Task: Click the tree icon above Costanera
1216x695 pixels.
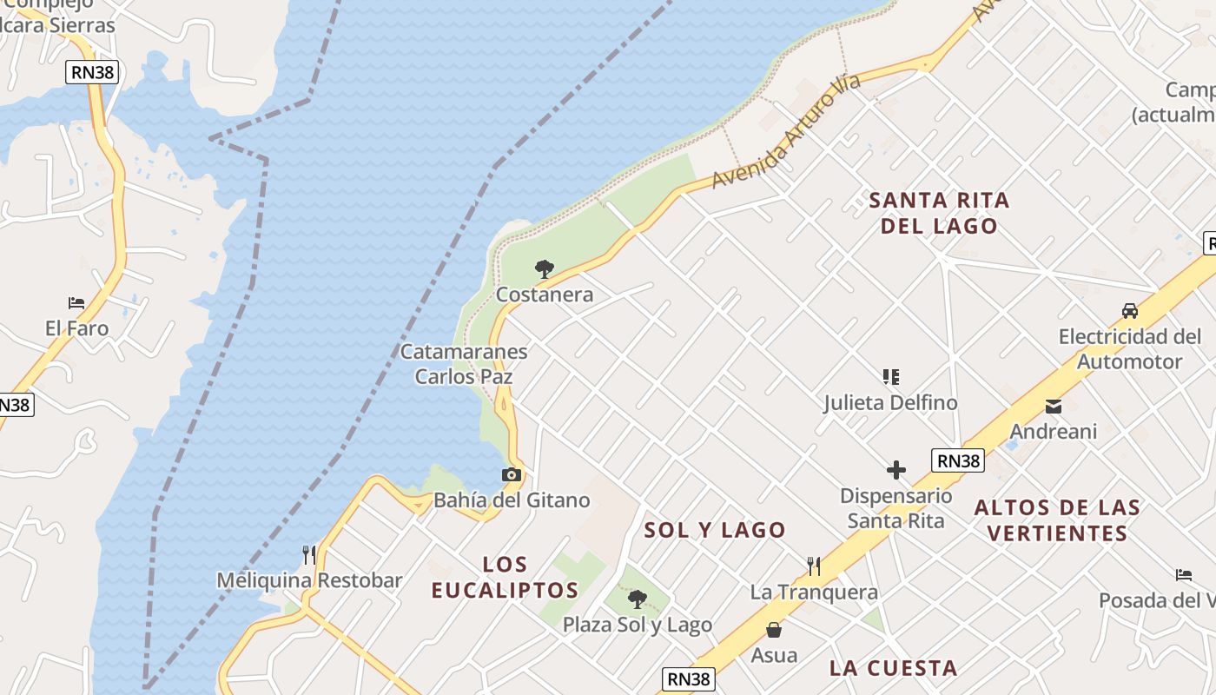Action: click(x=545, y=268)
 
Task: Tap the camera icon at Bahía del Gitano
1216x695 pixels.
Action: click(x=512, y=474)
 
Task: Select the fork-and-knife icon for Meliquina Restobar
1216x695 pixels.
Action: click(x=308, y=554)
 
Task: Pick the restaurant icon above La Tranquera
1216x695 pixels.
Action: click(x=814, y=566)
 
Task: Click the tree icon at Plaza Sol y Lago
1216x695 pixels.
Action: click(x=638, y=599)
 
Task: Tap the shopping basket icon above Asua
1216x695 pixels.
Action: click(x=774, y=629)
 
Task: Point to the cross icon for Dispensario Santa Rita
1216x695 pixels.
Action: click(x=896, y=470)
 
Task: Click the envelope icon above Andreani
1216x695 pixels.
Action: click(x=1054, y=406)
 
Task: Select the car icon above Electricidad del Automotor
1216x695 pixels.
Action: click(x=1130, y=310)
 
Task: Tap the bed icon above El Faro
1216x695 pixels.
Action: click(x=76, y=302)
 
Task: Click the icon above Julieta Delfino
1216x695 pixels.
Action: click(x=890, y=377)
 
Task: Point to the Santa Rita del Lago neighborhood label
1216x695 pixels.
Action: click(x=939, y=213)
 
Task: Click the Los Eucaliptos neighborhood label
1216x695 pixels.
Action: click(x=505, y=578)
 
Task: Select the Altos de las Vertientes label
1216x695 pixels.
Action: click(x=1057, y=520)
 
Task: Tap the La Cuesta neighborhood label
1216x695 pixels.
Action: click(x=893, y=668)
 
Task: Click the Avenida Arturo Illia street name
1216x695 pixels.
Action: click(x=786, y=131)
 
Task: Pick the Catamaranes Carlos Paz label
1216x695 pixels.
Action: click(x=464, y=364)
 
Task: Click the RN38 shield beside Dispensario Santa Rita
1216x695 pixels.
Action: click(x=959, y=460)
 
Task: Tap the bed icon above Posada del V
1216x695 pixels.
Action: click(x=1184, y=574)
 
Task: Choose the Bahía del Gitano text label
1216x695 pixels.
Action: click(x=512, y=500)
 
